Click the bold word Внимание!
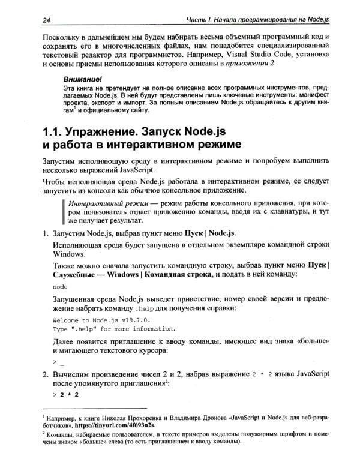[x=83, y=79]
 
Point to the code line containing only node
[x=60, y=287]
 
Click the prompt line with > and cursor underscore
[x=58, y=362]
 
